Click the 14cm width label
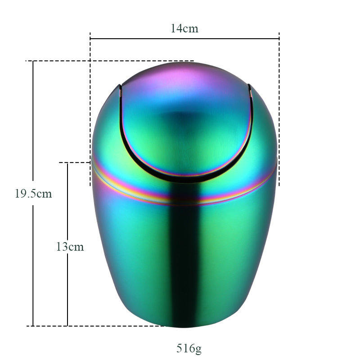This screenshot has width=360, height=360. (184, 28)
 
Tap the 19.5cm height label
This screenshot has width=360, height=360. (33, 193)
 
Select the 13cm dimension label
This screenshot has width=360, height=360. (70, 247)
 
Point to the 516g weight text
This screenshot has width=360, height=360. (189, 348)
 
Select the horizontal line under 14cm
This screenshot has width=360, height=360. (184, 39)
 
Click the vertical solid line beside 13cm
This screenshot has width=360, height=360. (67, 244)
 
